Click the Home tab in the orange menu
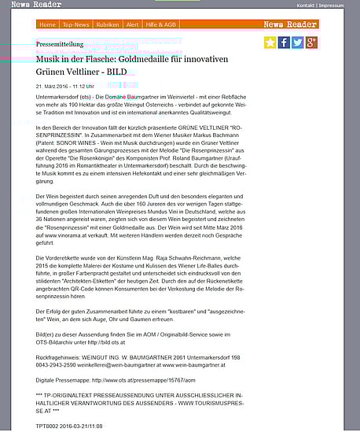click(x=47, y=24)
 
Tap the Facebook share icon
click(x=285, y=42)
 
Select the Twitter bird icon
click(x=298, y=42)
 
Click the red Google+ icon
click(x=311, y=42)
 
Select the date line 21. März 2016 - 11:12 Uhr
click(x=65, y=85)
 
